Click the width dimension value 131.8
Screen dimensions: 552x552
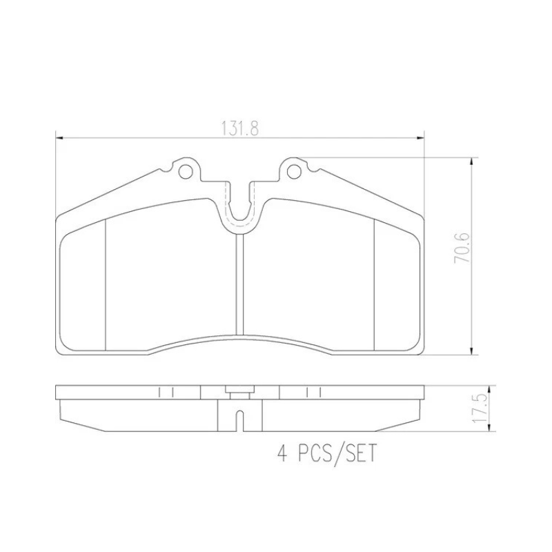(x=239, y=129)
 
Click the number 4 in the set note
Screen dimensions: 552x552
(x=281, y=455)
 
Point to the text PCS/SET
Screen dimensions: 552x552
(x=337, y=455)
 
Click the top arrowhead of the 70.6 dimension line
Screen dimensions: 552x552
(x=472, y=161)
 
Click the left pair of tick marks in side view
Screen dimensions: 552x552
(x=165, y=392)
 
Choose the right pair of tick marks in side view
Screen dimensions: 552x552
(x=313, y=392)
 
